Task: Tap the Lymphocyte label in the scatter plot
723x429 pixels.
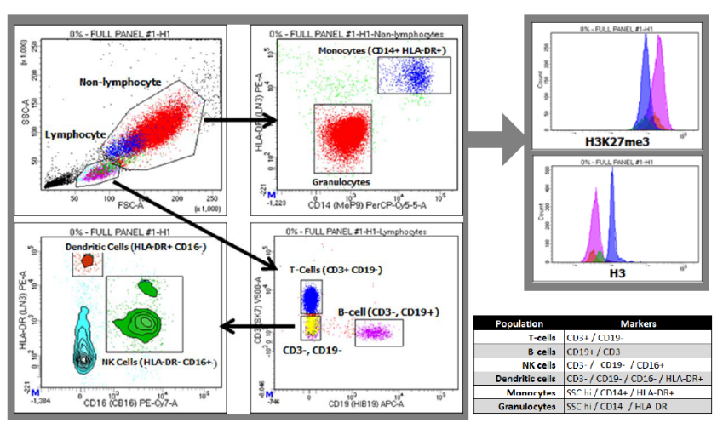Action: pyautogui.click(x=76, y=134)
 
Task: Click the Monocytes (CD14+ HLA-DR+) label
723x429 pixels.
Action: pyautogui.click(x=383, y=51)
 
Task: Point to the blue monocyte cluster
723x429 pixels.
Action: pyautogui.click(x=416, y=78)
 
